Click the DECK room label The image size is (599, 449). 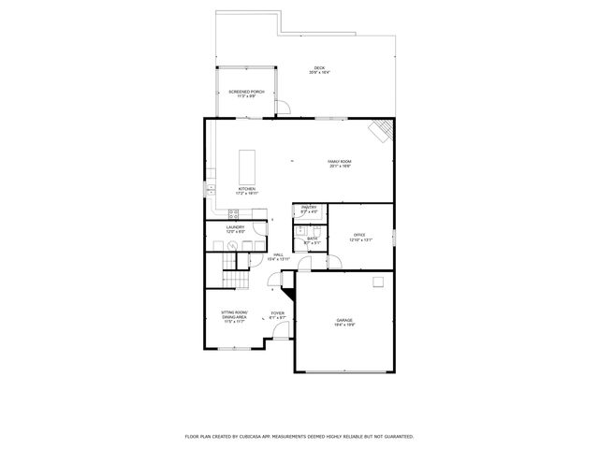[319, 70]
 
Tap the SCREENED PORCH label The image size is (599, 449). [247, 94]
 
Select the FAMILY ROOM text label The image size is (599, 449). [340, 164]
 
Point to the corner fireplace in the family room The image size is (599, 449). [380, 131]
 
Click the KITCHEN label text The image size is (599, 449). [246, 191]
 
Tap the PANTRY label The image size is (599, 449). [309, 209]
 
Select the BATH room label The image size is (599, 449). [312, 240]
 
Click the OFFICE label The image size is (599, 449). [360, 238]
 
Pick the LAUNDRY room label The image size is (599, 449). [235, 228]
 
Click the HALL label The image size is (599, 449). [278, 257]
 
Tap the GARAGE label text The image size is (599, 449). [344, 322]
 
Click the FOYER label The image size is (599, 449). [278, 315]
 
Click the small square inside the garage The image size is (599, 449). [378, 282]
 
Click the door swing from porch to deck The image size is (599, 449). [285, 109]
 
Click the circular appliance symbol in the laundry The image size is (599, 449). [232, 246]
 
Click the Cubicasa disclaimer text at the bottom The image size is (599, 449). [299, 436]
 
